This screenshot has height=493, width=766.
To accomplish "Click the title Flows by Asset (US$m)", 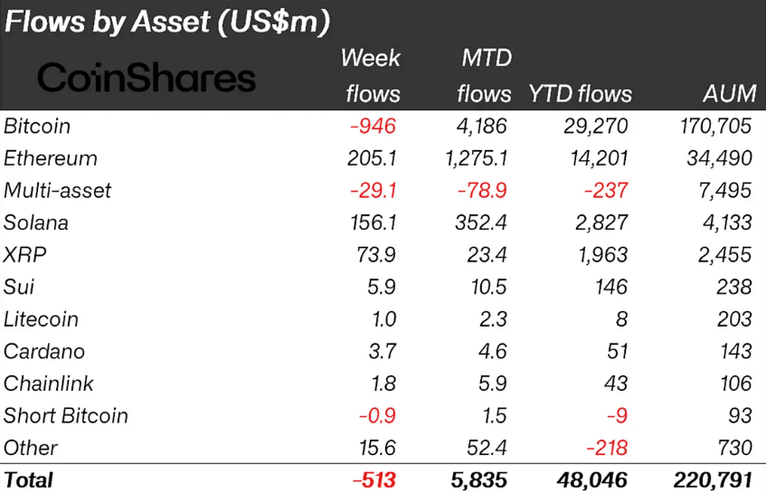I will (167, 23).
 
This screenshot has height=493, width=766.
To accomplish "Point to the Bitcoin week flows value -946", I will (373, 126).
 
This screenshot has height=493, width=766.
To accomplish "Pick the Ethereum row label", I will (51, 158).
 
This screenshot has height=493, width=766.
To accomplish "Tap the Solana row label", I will (36, 223).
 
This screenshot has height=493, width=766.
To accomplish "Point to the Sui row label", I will (21, 287).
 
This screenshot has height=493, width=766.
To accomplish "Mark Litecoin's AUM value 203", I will (732, 319).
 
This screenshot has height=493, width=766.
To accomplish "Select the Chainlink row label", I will (49, 384).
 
